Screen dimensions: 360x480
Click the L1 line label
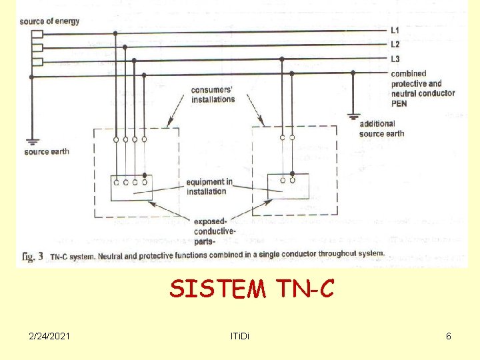(395, 31)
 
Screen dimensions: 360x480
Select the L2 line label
(395, 45)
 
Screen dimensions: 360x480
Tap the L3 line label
(395, 59)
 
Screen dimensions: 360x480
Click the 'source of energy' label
(49, 21)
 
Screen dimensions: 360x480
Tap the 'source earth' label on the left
(46, 151)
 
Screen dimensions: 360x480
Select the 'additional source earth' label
(381, 129)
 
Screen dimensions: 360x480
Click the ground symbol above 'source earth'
(31, 141)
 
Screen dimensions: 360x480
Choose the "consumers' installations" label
(213, 95)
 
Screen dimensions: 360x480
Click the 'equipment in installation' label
(209, 187)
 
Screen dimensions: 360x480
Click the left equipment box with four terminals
(131, 187)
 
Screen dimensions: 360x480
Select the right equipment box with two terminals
(287, 185)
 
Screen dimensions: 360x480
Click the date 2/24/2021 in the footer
(49, 336)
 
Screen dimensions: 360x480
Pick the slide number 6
(449, 336)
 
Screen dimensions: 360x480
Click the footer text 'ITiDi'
(237, 336)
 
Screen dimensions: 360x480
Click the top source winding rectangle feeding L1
(37, 33)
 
